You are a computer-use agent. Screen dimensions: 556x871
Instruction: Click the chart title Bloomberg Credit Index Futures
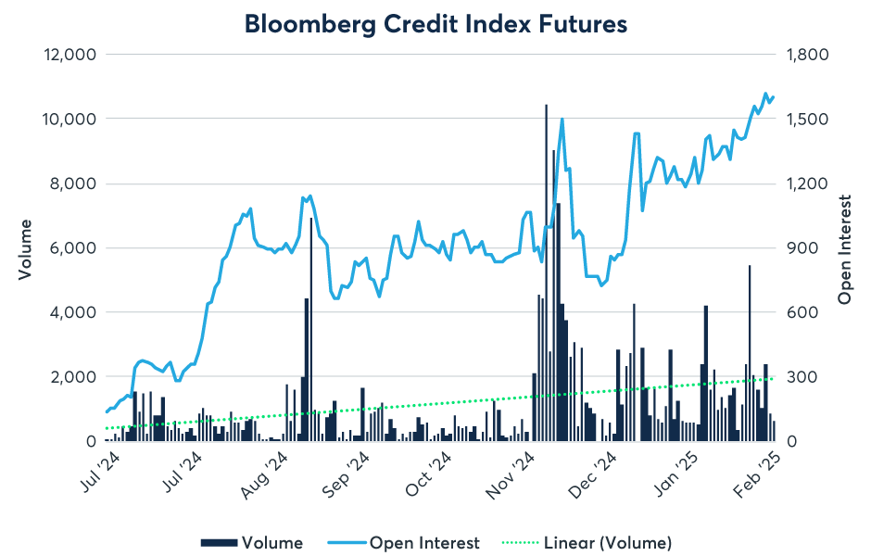coord(435,24)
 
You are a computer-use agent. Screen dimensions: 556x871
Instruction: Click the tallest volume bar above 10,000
coord(546,278)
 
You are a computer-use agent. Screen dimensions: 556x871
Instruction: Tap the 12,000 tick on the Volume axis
coord(71,55)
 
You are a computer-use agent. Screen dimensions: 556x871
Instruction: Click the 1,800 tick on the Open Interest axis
coord(803,55)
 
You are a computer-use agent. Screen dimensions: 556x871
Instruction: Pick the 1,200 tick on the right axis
coord(803,183)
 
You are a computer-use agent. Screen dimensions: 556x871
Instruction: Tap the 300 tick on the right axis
coord(796,377)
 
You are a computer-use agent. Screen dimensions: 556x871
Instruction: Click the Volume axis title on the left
coord(25,248)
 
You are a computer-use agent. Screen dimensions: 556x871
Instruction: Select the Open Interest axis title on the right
coord(845,248)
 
